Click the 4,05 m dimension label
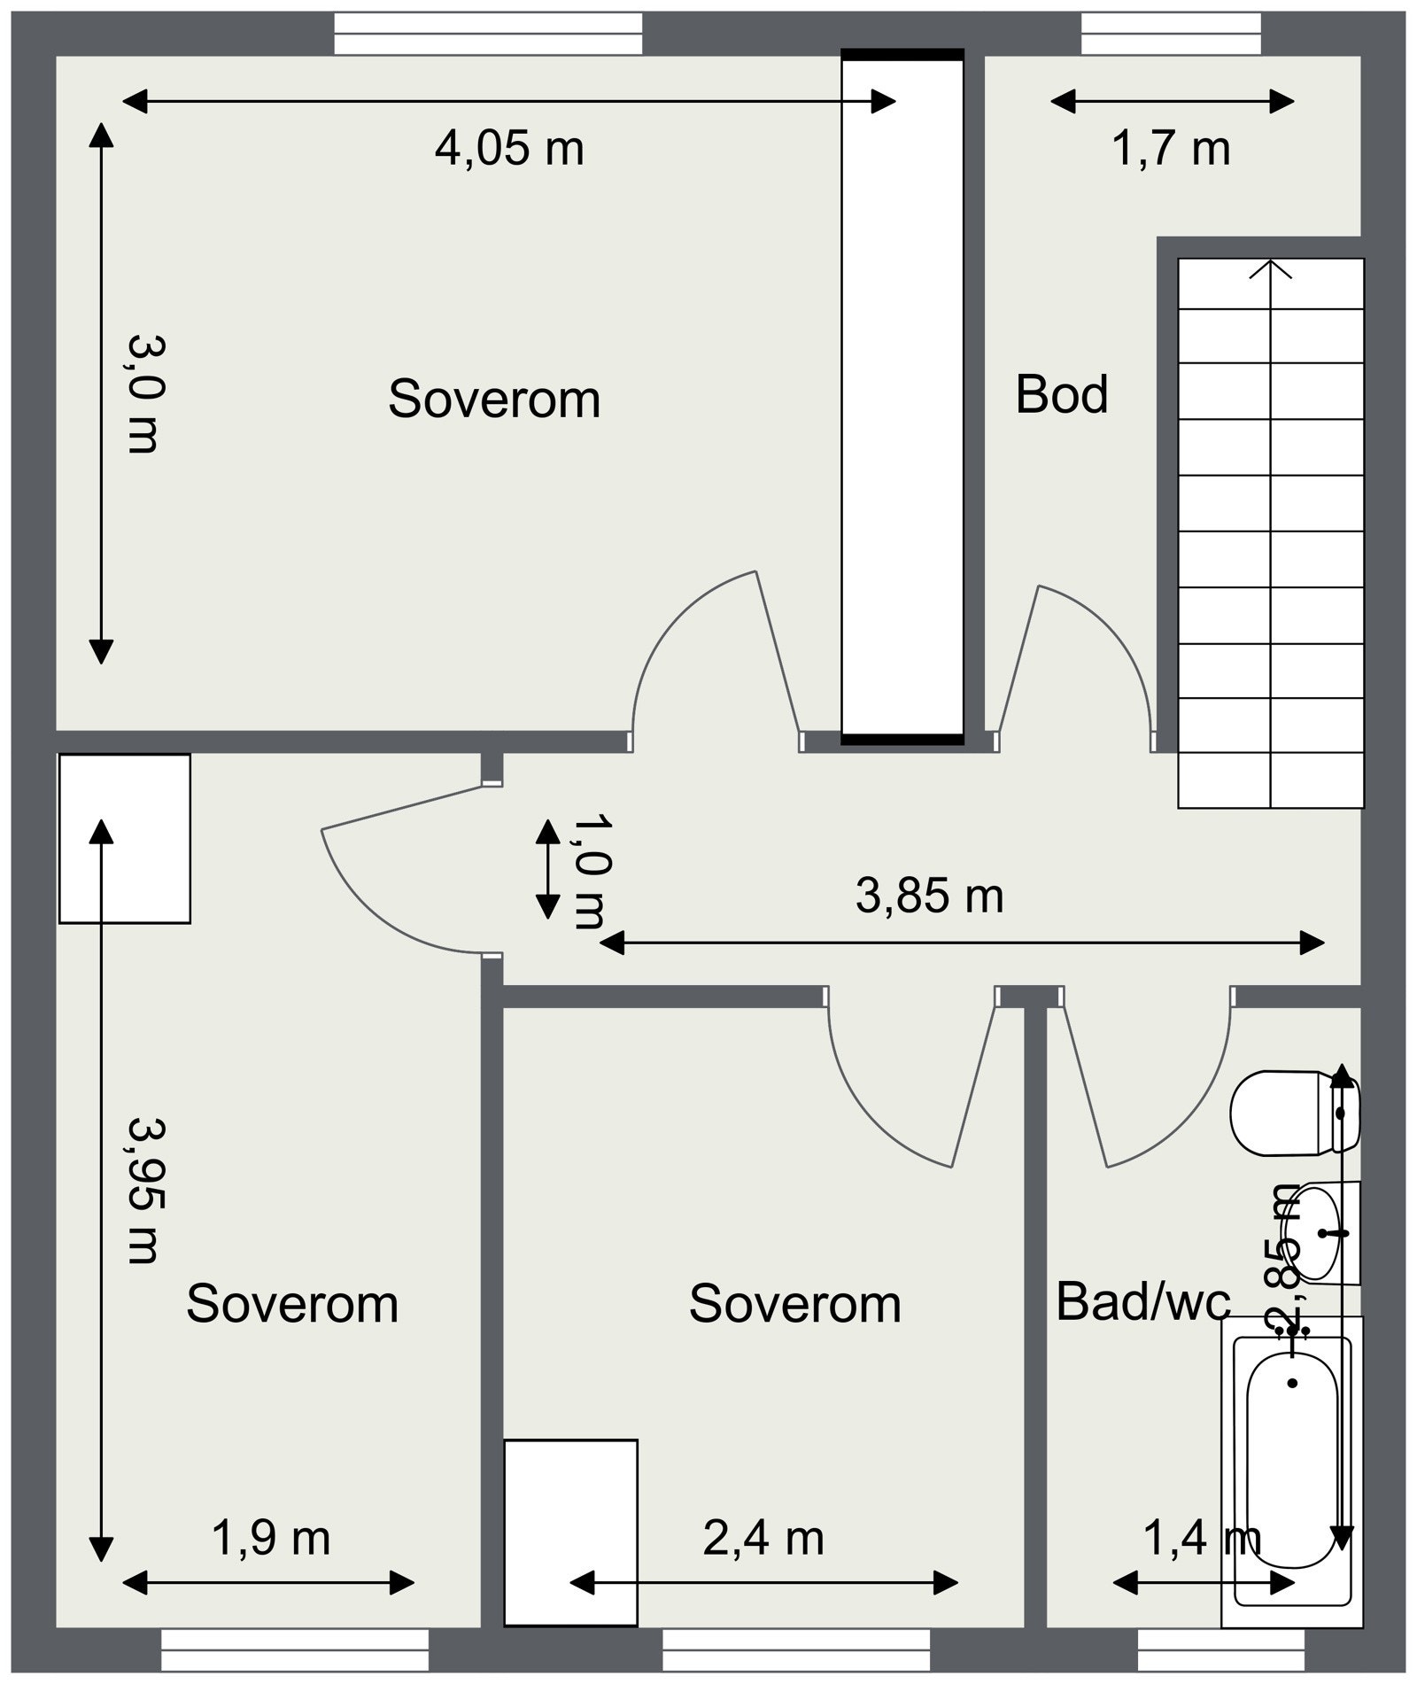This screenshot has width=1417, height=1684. click(509, 148)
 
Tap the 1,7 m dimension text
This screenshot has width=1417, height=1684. click(1171, 148)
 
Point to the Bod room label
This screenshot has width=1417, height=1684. click(1062, 394)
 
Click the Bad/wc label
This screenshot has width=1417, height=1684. click(1143, 1302)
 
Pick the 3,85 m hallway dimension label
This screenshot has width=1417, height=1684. click(930, 896)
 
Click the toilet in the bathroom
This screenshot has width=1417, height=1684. click(1295, 1114)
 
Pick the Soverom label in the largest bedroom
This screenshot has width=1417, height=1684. click(494, 399)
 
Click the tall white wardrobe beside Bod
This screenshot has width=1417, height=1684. click(902, 397)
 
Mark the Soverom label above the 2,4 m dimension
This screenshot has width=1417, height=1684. click(795, 1304)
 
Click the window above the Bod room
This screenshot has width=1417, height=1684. click(1171, 34)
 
